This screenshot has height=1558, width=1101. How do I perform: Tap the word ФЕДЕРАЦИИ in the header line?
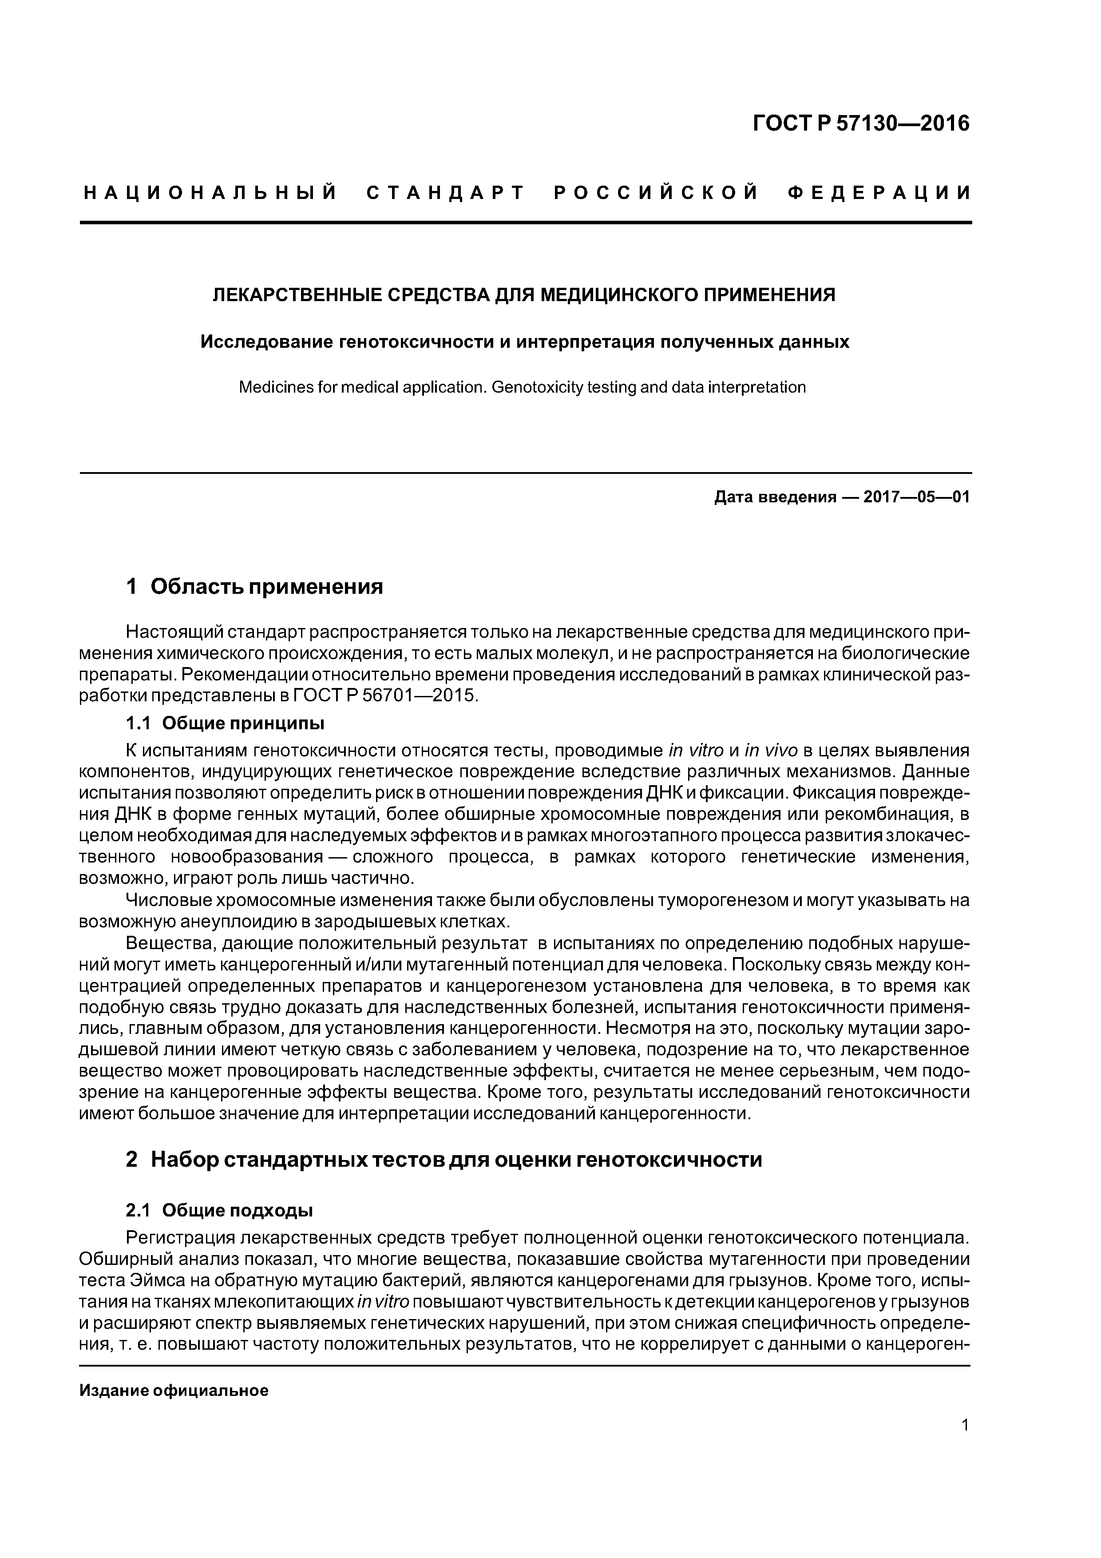(x=879, y=193)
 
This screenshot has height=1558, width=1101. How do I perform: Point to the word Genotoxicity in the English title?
(x=535, y=387)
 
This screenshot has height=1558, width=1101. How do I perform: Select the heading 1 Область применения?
(x=254, y=586)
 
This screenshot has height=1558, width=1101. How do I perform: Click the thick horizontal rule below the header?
(x=526, y=222)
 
